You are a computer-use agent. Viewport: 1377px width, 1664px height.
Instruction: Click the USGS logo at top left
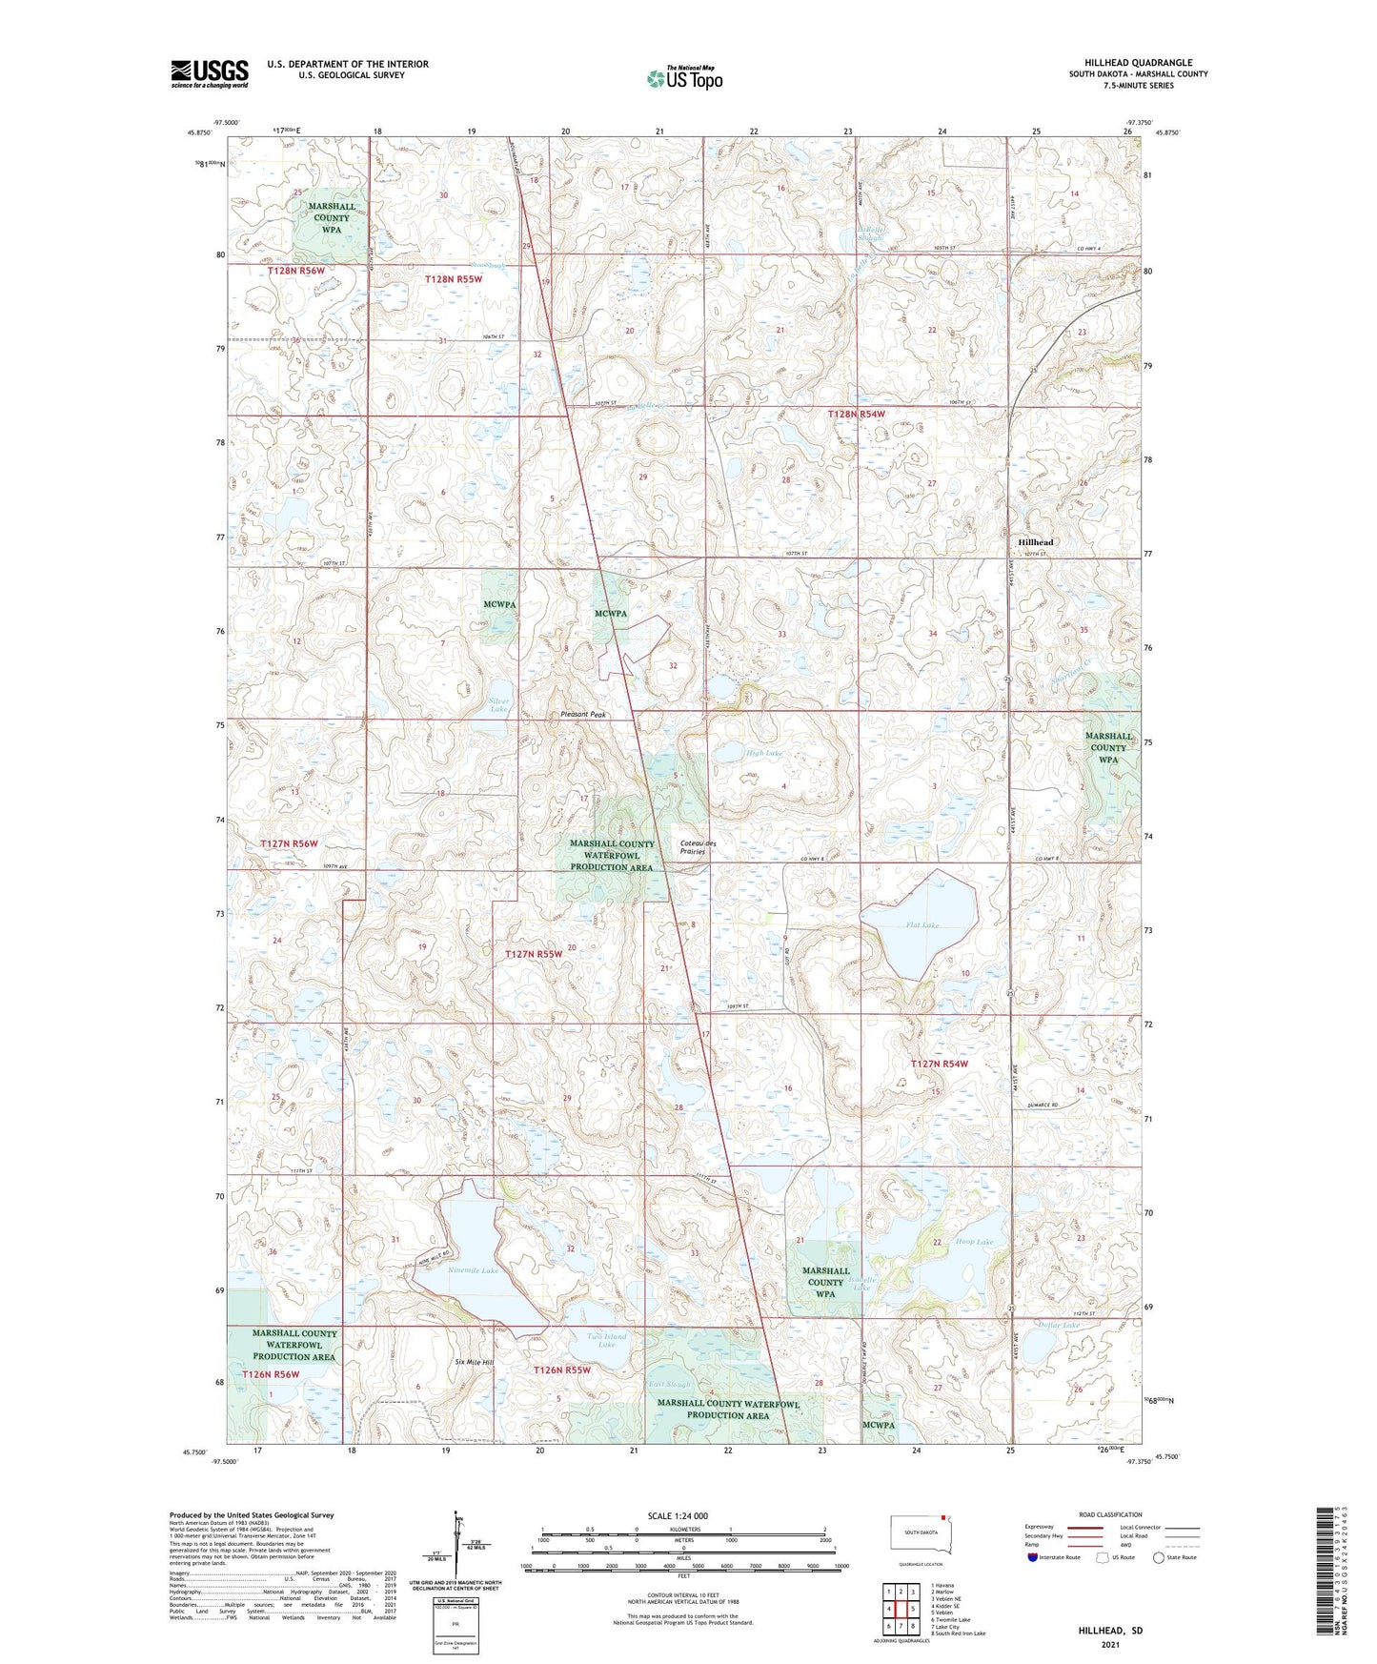point(210,73)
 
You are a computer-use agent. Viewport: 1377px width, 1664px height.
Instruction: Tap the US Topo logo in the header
point(684,78)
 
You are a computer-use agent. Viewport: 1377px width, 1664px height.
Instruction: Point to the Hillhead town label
point(1036,541)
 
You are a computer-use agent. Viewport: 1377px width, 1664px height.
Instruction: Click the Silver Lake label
point(498,705)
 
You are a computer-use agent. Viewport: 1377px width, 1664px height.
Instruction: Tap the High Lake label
point(763,753)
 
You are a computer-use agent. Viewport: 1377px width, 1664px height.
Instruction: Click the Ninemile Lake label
point(475,1270)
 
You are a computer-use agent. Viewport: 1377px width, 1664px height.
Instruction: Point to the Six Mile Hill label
point(474,1362)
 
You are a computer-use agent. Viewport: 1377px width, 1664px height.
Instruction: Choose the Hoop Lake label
point(974,1242)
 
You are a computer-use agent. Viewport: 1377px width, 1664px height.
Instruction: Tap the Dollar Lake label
point(1058,1326)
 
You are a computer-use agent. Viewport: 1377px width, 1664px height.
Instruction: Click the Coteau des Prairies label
point(693,846)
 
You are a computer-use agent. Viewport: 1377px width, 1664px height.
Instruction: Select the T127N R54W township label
point(939,1064)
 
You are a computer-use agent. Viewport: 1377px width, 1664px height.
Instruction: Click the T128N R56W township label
point(295,271)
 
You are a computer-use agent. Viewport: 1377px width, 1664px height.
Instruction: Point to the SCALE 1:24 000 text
point(678,1515)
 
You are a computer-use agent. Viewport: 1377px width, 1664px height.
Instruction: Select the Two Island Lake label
point(607,1339)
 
